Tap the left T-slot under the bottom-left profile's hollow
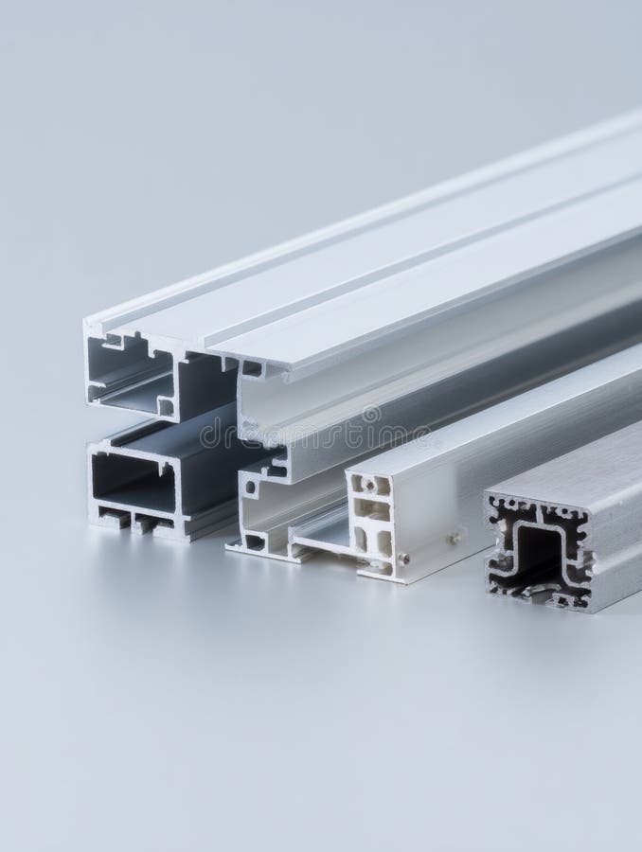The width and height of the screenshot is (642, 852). (113, 518)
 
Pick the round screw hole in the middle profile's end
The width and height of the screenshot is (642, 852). (250, 488)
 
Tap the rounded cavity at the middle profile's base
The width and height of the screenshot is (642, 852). (253, 542)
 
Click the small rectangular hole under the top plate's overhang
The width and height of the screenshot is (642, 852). (252, 369)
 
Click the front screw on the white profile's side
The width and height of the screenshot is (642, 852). (405, 559)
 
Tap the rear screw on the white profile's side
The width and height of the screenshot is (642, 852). (455, 538)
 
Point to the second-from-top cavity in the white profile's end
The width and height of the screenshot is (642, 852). (372, 512)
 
